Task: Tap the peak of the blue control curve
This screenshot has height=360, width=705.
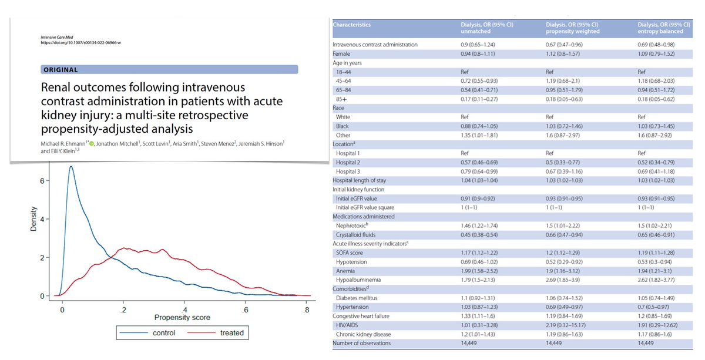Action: point(71,167)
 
